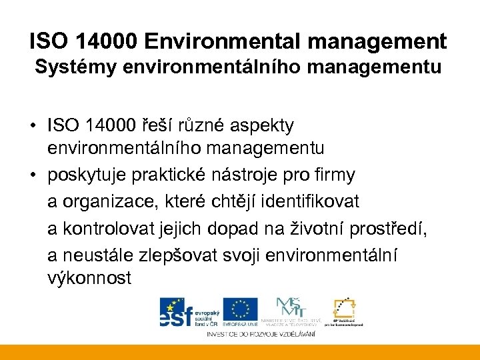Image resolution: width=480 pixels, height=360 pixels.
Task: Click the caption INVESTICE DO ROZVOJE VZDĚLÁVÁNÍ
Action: click(x=261, y=333)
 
